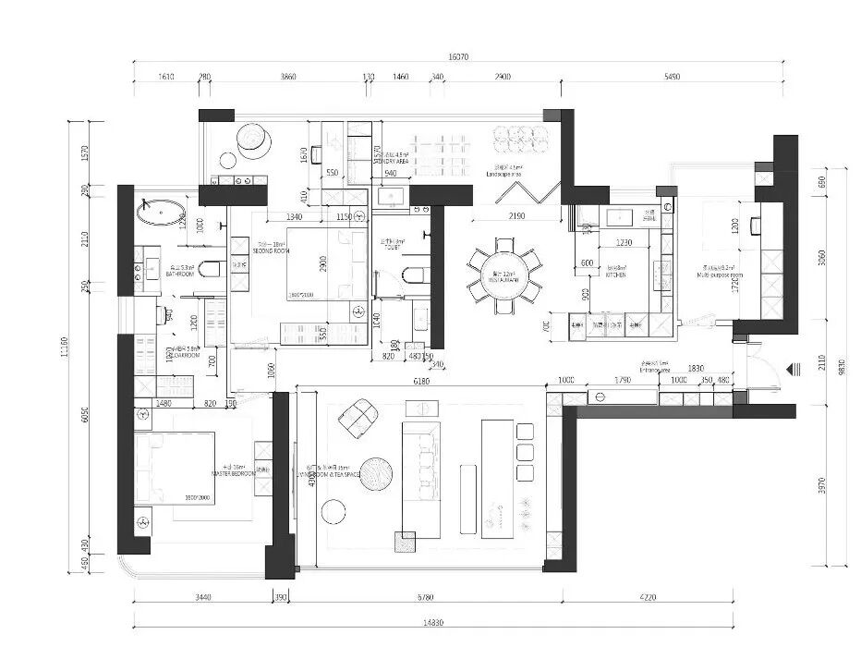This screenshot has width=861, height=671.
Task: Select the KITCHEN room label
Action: click(x=616, y=274)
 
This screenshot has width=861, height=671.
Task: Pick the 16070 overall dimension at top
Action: click(x=459, y=57)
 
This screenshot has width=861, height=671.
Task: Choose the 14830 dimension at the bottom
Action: click(x=434, y=622)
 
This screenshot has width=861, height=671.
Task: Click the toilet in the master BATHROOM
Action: click(x=211, y=270)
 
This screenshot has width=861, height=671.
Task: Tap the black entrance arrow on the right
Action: click(x=792, y=370)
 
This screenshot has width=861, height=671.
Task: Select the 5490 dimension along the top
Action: click(x=672, y=77)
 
